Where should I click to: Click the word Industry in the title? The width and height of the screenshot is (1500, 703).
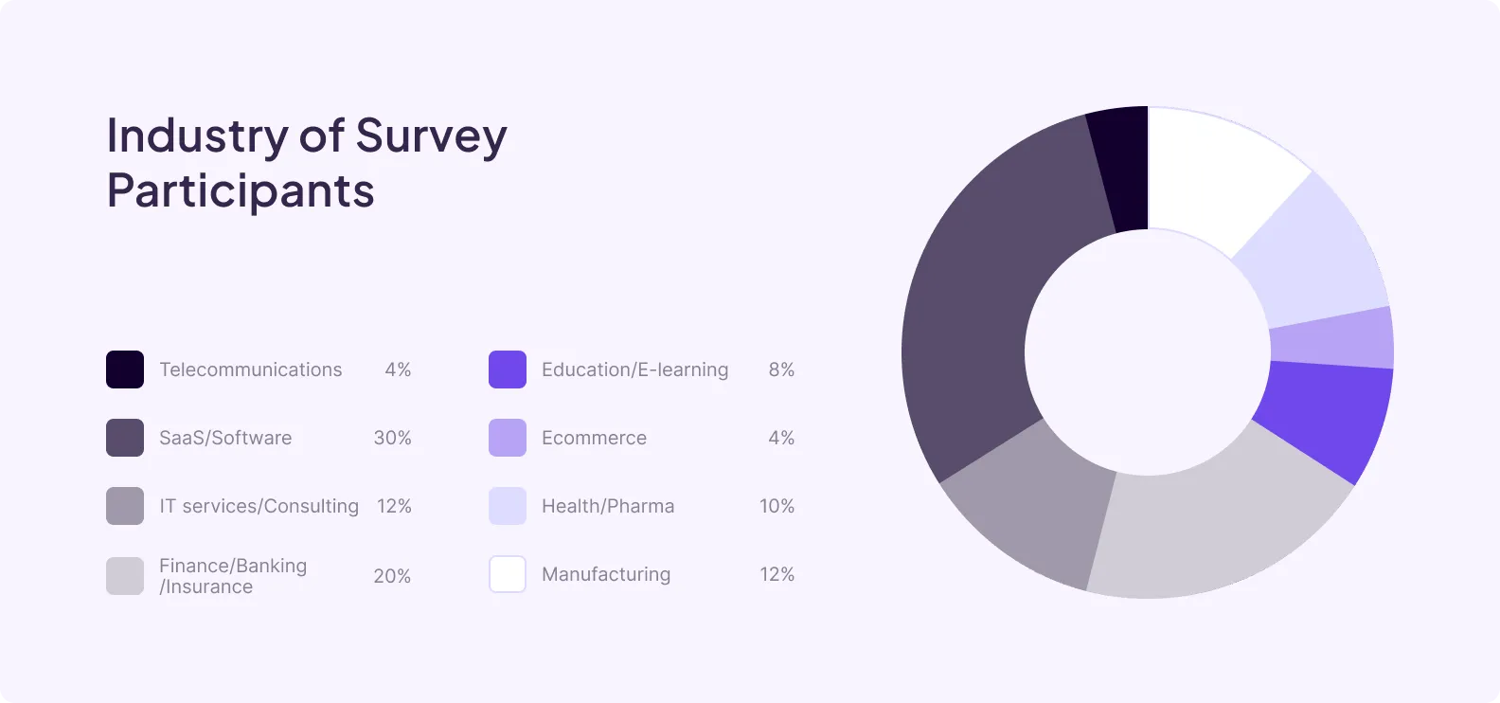pyautogui.click(x=197, y=135)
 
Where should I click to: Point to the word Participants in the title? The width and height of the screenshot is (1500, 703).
pyautogui.click(x=241, y=191)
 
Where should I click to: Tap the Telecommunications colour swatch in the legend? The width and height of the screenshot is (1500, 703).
pyautogui.click(x=125, y=370)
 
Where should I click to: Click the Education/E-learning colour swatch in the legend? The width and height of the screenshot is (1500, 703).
pyautogui.click(x=508, y=370)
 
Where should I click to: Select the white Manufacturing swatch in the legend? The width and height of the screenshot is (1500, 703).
pyautogui.click(x=508, y=574)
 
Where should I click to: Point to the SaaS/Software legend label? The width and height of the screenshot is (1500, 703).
pyautogui.click(x=225, y=438)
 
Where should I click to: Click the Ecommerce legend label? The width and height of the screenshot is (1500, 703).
pyautogui.click(x=594, y=438)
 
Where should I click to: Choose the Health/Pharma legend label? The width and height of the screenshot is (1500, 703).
pyautogui.click(x=608, y=506)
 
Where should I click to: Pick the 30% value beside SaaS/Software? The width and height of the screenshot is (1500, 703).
pyautogui.click(x=392, y=438)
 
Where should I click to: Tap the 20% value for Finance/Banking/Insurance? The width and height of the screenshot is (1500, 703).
pyautogui.click(x=392, y=576)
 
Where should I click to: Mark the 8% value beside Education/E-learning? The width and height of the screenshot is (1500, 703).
pyautogui.click(x=781, y=370)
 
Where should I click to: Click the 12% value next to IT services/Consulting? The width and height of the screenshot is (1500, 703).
pyautogui.click(x=394, y=506)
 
